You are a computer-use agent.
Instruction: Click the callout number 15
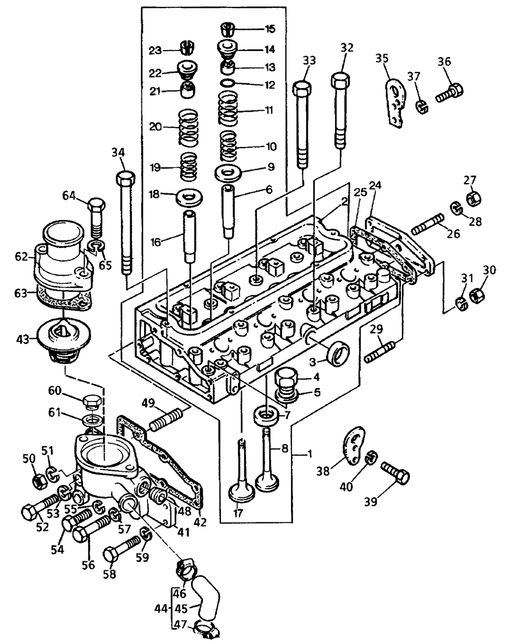[x=270, y=29]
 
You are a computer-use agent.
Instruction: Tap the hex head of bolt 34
[x=125, y=178]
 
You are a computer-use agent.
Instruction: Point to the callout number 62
[x=21, y=257]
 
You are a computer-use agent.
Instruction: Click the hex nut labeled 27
[x=474, y=199]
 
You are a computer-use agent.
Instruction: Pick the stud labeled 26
[x=428, y=224]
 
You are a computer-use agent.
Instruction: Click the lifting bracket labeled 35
[x=396, y=103]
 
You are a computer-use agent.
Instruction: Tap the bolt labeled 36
[x=449, y=92]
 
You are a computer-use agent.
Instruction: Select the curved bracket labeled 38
[x=354, y=445]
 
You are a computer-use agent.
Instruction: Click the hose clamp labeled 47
[x=206, y=633]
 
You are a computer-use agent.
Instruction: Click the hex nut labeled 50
[x=40, y=482]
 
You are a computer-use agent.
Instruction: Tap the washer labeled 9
[x=228, y=173]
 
